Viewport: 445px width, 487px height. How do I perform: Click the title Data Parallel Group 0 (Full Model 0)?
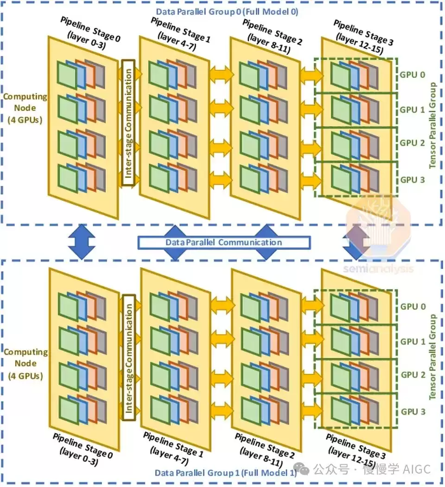coord(227,12)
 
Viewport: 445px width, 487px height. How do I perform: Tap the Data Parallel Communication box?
coord(224,242)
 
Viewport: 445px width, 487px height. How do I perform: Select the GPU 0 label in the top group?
coord(412,75)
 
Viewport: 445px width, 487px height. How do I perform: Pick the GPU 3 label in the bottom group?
coord(413,411)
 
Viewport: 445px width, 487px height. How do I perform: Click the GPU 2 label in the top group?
coord(412,143)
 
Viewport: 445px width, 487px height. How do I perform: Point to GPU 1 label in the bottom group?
coord(413,341)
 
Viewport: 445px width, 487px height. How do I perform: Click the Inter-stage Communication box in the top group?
coord(128,123)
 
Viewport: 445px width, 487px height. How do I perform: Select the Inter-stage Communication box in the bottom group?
coord(129,357)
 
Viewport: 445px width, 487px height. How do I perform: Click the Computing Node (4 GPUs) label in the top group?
coord(25,108)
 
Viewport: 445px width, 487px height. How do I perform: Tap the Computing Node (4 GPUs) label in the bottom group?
coord(26,364)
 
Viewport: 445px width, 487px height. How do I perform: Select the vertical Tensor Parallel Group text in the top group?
coord(432,126)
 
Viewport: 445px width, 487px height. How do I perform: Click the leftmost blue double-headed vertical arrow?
coord(82,242)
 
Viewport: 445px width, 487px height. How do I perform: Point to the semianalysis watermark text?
coord(378,269)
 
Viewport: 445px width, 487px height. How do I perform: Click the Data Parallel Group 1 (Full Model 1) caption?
coord(226,473)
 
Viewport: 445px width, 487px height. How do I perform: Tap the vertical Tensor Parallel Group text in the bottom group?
coord(432,357)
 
